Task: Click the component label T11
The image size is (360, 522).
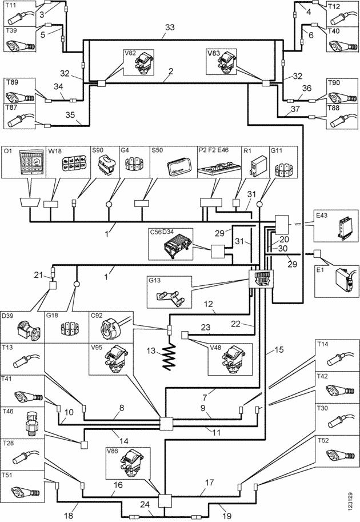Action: (x=11, y=6)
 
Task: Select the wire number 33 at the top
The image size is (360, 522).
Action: (x=169, y=27)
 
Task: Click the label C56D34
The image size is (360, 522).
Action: (x=163, y=232)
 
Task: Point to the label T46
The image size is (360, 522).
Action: (x=9, y=411)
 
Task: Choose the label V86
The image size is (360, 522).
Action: (x=113, y=451)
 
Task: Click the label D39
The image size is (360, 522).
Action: (x=9, y=316)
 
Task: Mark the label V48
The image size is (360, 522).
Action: (x=215, y=346)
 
